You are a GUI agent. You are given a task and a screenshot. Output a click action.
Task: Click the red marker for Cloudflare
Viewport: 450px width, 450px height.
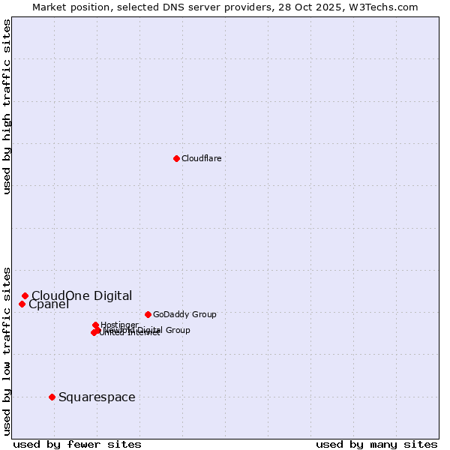[x=176, y=158]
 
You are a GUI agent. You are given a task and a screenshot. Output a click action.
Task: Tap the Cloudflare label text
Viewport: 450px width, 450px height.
[x=201, y=158]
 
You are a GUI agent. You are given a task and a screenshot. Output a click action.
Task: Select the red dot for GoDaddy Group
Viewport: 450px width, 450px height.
[x=148, y=314]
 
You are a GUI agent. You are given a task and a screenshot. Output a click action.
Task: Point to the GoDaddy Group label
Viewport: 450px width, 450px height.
[x=184, y=314]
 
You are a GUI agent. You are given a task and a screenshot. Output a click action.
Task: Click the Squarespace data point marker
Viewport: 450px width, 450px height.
[x=52, y=397]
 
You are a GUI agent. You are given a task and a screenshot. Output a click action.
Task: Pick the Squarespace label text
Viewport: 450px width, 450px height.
[x=97, y=397]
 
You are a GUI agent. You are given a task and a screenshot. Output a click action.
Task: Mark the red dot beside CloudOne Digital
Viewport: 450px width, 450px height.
[x=25, y=295]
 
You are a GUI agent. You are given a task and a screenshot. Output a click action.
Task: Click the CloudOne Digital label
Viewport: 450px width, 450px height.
[x=82, y=295]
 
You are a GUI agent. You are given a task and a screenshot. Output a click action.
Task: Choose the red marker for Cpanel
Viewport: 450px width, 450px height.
[x=22, y=304]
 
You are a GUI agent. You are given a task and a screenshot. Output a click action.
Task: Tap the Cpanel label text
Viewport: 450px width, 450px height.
[x=49, y=304]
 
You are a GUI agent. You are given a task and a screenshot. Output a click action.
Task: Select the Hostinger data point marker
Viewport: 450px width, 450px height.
[x=95, y=325]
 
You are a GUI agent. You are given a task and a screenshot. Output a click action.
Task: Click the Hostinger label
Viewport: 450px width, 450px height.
[x=119, y=325]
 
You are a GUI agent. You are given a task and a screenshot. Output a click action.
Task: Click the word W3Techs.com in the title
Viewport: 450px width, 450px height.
[x=382, y=7]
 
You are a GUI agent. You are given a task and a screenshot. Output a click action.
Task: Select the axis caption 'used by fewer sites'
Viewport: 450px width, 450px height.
[x=77, y=444]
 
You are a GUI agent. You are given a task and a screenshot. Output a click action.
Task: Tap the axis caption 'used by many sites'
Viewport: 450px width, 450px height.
[x=376, y=444]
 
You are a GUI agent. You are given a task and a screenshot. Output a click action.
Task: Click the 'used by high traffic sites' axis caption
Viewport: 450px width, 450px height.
[x=7, y=106]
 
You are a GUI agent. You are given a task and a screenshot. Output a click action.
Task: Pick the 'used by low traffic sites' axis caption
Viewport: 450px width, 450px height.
[x=7, y=350]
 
